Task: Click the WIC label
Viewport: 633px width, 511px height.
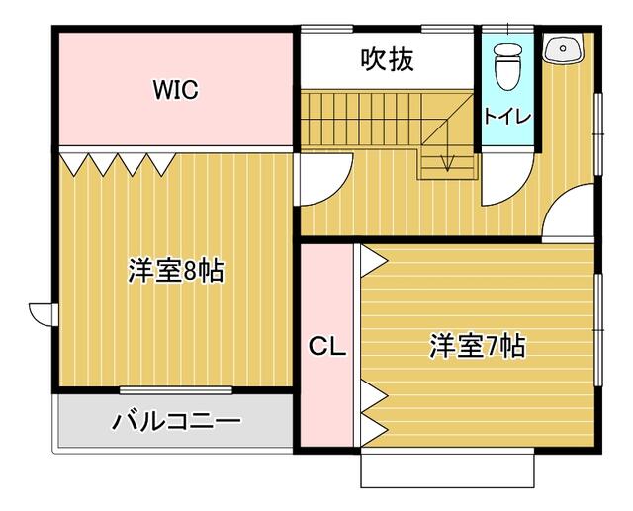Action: [175, 90]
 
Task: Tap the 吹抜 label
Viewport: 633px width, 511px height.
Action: [387, 58]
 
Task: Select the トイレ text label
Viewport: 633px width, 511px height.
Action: [507, 116]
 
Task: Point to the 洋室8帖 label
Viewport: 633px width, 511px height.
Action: [175, 270]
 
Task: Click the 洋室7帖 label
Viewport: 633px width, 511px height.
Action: [477, 346]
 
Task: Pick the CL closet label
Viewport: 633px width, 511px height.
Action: [326, 347]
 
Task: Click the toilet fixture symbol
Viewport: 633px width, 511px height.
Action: [507, 65]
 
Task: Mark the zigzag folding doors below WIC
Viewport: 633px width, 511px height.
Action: [117, 162]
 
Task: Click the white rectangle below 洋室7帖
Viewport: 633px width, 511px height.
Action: [447, 469]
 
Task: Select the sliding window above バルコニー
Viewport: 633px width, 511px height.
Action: [175, 391]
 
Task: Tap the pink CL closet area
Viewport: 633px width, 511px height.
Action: [326, 395]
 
